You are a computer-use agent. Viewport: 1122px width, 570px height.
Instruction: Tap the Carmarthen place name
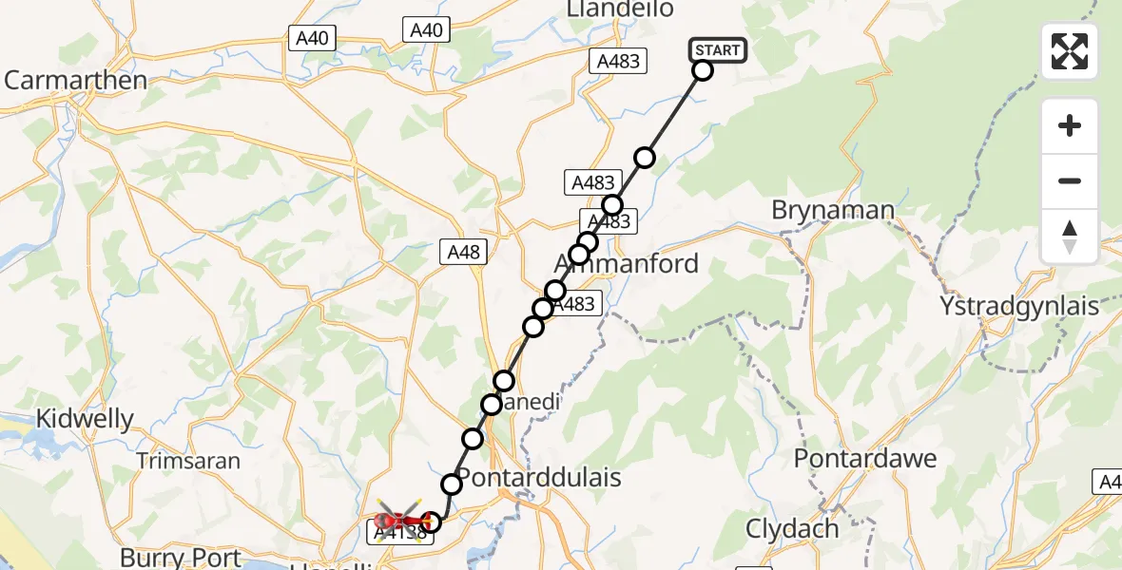pyautogui.click(x=75, y=80)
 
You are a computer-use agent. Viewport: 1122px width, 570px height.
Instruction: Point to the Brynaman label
pyautogui.click(x=833, y=210)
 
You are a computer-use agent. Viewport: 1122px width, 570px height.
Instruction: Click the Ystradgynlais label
pyautogui.click(x=1018, y=307)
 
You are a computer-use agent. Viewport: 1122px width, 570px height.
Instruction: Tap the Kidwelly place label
pyautogui.click(x=85, y=419)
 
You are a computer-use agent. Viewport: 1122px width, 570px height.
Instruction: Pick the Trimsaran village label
pyautogui.click(x=188, y=461)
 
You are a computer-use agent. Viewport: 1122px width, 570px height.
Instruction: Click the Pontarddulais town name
pyautogui.click(x=539, y=476)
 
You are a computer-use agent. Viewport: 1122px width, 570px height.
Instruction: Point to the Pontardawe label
pyautogui.click(x=865, y=459)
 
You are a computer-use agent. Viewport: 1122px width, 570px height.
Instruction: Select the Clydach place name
pyautogui.click(x=793, y=528)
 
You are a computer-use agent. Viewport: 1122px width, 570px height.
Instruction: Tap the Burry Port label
pyautogui.click(x=180, y=557)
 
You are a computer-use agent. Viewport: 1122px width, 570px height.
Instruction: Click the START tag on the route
pyautogui.click(x=717, y=50)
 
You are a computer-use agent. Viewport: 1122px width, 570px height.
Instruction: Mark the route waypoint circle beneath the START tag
pyautogui.click(x=702, y=70)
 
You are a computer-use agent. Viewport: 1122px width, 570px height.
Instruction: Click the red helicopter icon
pyautogui.click(x=397, y=520)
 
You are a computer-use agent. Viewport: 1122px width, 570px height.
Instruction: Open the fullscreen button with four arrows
pyautogui.click(x=1070, y=51)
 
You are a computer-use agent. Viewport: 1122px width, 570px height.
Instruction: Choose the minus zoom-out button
pyautogui.click(x=1070, y=180)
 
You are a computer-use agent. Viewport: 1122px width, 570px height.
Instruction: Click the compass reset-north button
pyautogui.click(x=1070, y=236)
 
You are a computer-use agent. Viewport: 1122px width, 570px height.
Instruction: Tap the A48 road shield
pyautogui.click(x=463, y=253)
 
